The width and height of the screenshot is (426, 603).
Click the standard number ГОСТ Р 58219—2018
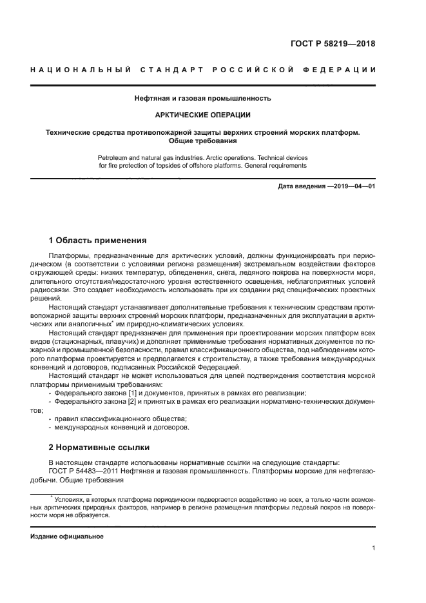[x=332, y=44]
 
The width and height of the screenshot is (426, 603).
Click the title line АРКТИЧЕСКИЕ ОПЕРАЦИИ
[x=202, y=115]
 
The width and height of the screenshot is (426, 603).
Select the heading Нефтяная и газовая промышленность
[x=202, y=99]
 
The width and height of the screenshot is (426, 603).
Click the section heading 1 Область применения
[x=98, y=241]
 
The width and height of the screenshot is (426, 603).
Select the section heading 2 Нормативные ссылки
[x=99, y=446]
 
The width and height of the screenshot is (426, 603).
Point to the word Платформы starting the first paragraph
[x=70, y=255]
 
